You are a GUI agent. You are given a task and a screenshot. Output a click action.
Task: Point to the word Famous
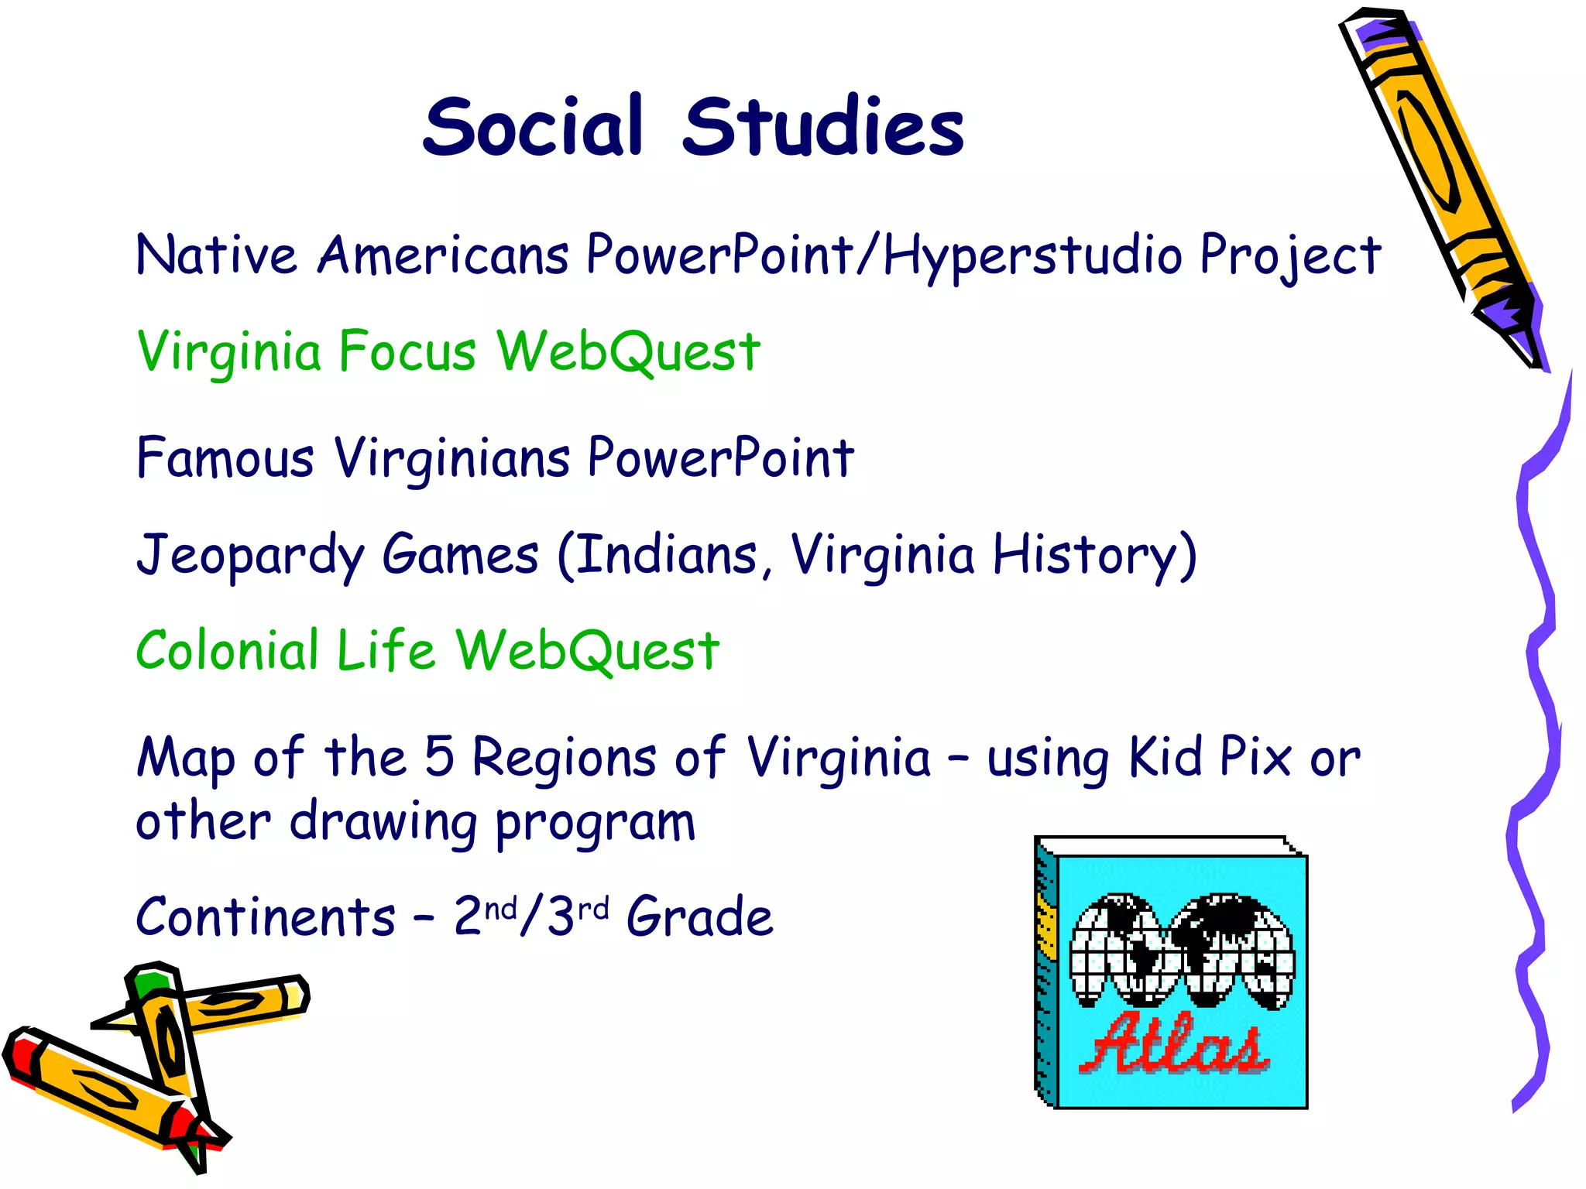pos(225,457)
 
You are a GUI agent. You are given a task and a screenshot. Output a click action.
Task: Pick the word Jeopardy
pos(249,556)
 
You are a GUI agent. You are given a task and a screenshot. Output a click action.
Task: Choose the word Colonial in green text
pos(227,649)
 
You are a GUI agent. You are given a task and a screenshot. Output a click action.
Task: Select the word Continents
pos(266,917)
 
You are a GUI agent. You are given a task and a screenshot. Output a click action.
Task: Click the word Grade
pos(699,917)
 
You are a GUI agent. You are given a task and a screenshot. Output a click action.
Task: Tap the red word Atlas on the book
pos(1174,1044)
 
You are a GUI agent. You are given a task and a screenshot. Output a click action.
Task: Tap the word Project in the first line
pos(1290,255)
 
